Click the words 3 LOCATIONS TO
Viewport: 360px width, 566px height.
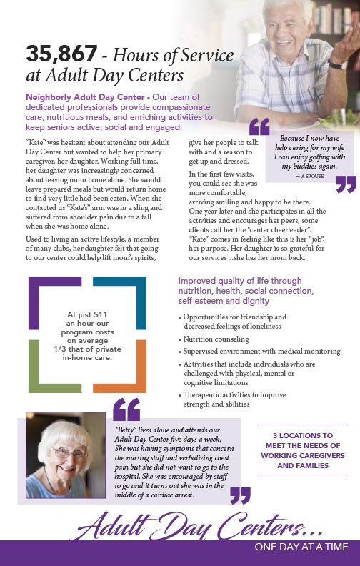pos(303,435)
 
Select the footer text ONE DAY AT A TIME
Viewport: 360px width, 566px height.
pos(301,547)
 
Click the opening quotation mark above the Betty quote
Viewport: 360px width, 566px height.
pos(126,409)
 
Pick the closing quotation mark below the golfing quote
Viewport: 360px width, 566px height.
pos(345,184)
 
